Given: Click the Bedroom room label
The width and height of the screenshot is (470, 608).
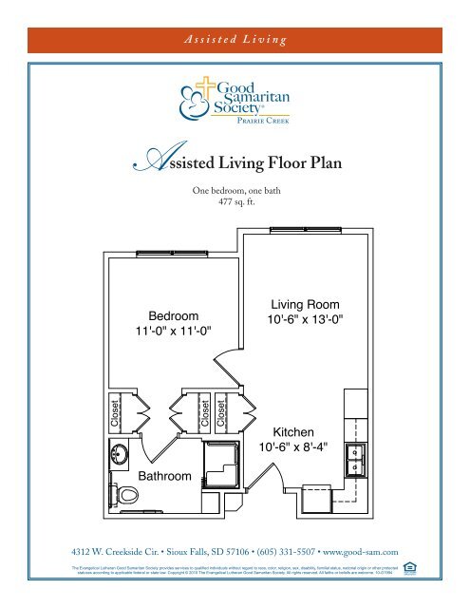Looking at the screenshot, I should (x=173, y=315).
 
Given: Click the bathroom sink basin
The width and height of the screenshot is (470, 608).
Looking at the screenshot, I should (x=121, y=453).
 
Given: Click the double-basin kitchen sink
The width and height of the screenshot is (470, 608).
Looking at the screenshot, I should (x=354, y=459).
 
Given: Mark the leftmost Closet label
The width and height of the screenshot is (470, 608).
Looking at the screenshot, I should (x=116, y=409).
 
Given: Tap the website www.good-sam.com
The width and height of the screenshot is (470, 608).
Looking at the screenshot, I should (x=362, y=550).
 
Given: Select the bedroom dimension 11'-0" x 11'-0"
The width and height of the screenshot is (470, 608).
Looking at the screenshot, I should (x=173, y=331).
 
